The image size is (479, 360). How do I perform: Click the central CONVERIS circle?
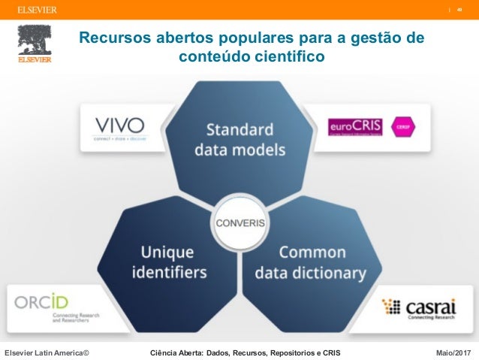coord(239,223)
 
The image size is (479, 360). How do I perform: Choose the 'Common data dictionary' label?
coord(310,262)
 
